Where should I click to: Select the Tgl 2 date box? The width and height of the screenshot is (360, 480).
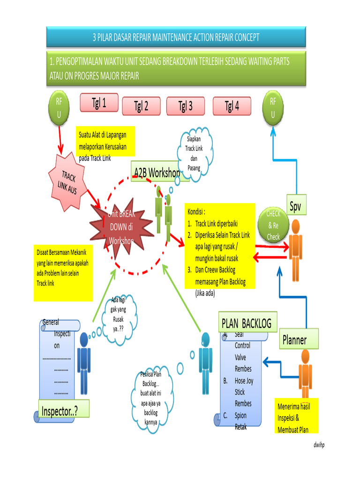tap(141, 106)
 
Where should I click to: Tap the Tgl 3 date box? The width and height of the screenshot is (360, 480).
tap(185, 106)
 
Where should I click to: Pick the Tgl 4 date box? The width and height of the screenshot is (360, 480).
tap(232, 106)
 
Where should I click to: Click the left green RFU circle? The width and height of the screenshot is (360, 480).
tap(59, 108)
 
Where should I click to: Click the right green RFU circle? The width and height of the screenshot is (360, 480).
tap(273, 108)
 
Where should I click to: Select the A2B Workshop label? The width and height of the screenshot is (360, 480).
tap(156, 172)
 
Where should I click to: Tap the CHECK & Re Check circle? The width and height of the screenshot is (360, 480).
tap(273, 225)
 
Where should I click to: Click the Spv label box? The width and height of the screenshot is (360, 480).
tap(295, 205)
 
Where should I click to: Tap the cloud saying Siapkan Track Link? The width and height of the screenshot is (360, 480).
tap(194, 154)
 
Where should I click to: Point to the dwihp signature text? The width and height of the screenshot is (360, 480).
tap(319, 445)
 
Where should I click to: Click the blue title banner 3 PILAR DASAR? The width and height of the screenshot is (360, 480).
tap(176, 37)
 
